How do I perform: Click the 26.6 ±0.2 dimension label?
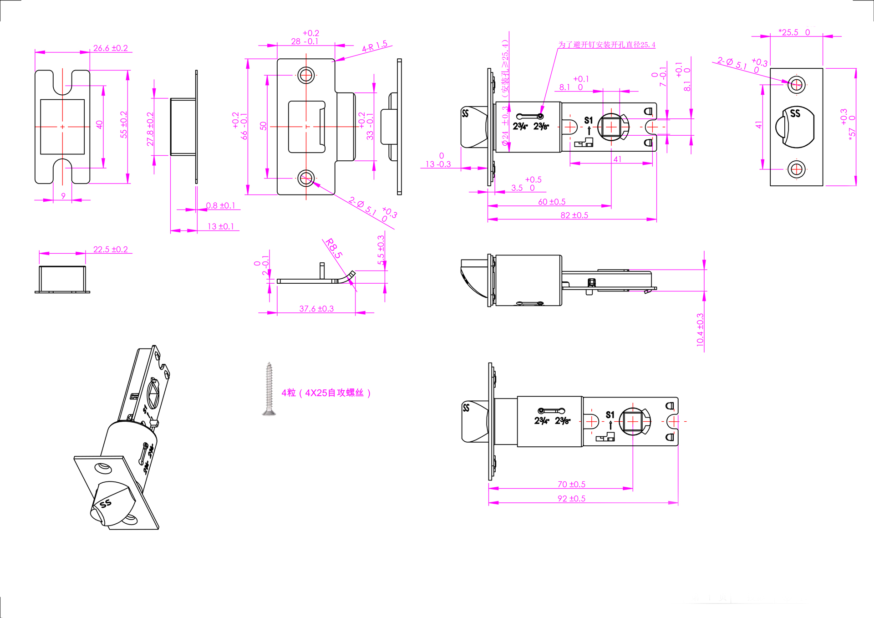(x=110, y=48)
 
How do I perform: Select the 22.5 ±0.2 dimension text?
(x=110, y=249)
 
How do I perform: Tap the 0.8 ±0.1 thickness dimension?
(x=220, y=205)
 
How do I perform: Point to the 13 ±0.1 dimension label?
(x=220, y=226)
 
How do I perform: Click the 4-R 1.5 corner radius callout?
(x=375, y=46)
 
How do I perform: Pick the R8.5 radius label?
(x=334, y=248)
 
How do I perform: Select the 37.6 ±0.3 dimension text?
(x=316, y=308)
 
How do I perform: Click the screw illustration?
(x=269, y=389)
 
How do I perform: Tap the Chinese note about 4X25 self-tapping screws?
(x=326, y=393)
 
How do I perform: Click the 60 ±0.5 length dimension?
(x=552, y=201)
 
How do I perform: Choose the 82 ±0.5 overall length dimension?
(x=574, y=215)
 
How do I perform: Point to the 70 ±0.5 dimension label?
(x=571, y=484)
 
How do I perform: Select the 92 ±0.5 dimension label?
(x=571, y=498)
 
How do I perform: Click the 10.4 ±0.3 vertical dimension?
(x=700, y=329)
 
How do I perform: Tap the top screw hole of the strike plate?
(x=306, y=75)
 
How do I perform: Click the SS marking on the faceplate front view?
(x=795, y=113)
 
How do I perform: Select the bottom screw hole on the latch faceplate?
(x=796, y=169)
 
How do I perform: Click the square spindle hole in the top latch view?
(x=611, y=127)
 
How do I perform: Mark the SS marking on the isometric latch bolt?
(x=106, y=503)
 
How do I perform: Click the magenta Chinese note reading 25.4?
(x=606, y=45)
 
